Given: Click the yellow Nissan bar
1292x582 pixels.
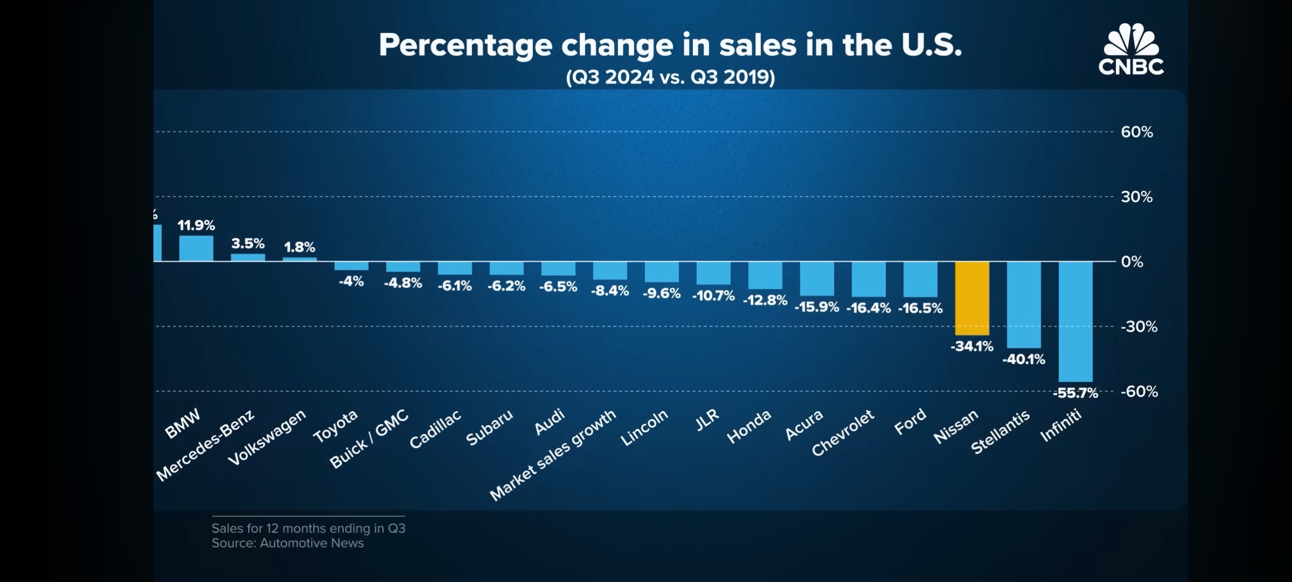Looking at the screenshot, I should tap(972, 298).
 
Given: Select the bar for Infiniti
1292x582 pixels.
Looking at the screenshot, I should tap(1075, 321).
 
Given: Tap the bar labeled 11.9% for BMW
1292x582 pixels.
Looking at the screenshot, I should tap(196, 248).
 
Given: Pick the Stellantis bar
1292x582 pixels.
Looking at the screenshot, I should tap(1023, 304).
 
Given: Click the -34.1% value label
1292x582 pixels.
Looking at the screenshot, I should tap(972, 347).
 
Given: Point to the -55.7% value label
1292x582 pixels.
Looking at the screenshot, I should tap(1075, 393).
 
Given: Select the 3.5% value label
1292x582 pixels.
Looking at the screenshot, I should tap(248, 244).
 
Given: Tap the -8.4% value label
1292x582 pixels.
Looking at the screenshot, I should tap(610, 291).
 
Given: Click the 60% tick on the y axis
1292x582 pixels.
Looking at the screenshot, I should tap(1136, 132).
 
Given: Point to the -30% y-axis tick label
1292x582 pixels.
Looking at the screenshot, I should tap(1139, 327).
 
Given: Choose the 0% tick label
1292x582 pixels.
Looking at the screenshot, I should tap(1132, 262).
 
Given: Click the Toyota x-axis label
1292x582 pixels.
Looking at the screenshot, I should tap(335, 426).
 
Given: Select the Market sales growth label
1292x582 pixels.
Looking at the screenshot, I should tap(552, 455).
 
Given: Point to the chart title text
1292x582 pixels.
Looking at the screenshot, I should tap(670, 45).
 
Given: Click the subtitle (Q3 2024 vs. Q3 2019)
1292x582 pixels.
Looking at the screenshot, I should tap(670, 78).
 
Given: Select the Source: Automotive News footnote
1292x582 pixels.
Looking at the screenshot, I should tap(287, 543).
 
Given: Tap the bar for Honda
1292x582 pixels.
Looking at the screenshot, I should tap(765, 275).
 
